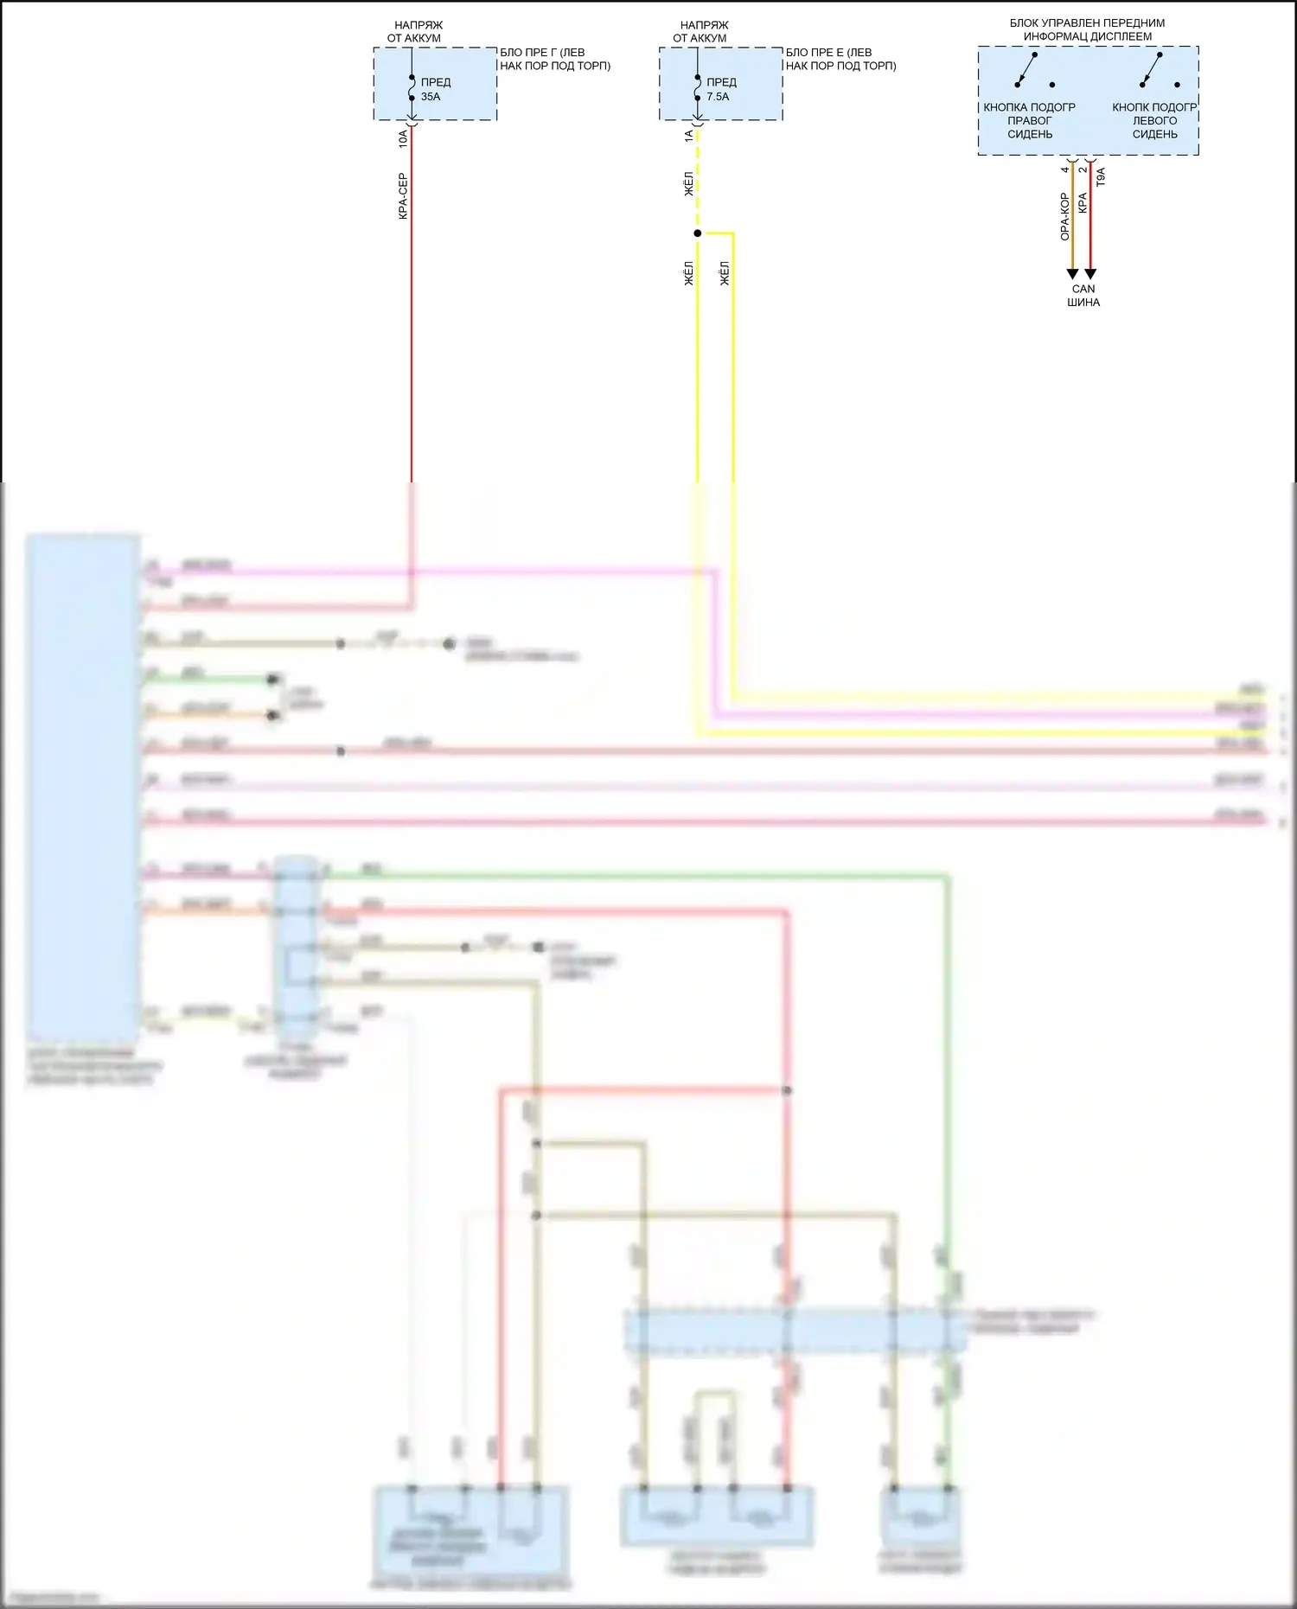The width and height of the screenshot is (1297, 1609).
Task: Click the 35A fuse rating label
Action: tap(431, 97)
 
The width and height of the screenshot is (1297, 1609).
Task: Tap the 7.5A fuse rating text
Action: tap(718, 97)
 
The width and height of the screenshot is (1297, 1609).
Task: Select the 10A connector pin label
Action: tap(403, 138)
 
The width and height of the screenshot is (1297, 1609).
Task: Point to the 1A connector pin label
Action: tap(689, 137)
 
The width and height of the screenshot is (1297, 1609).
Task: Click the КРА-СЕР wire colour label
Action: tap(403, 196)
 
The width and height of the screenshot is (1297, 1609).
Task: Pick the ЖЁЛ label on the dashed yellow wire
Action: tap(689, 184)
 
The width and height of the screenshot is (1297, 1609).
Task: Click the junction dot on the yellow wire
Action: tap(698, 233)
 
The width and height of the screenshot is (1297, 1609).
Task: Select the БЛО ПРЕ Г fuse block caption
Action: tap(554, 59)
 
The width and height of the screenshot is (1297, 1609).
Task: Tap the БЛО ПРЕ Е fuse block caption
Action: tap(840, 59)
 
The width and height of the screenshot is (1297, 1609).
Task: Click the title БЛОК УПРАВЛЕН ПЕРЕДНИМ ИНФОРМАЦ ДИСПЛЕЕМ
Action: tap(1087, 29)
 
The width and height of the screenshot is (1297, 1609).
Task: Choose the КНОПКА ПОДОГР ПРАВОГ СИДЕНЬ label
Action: tap(1029, 120)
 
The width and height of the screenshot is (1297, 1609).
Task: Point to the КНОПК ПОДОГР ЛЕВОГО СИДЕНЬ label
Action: tap(1154, 120)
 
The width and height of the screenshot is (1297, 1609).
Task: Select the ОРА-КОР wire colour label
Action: tap(1065, 216)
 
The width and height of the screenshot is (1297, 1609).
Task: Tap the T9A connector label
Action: tap(1101, 177)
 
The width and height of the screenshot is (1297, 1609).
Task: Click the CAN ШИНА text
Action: tap(1083, 296)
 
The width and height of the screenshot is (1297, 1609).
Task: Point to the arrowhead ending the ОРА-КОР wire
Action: tap(1072, 274)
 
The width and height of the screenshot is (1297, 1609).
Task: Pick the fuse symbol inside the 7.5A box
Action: tap(698, 87)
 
